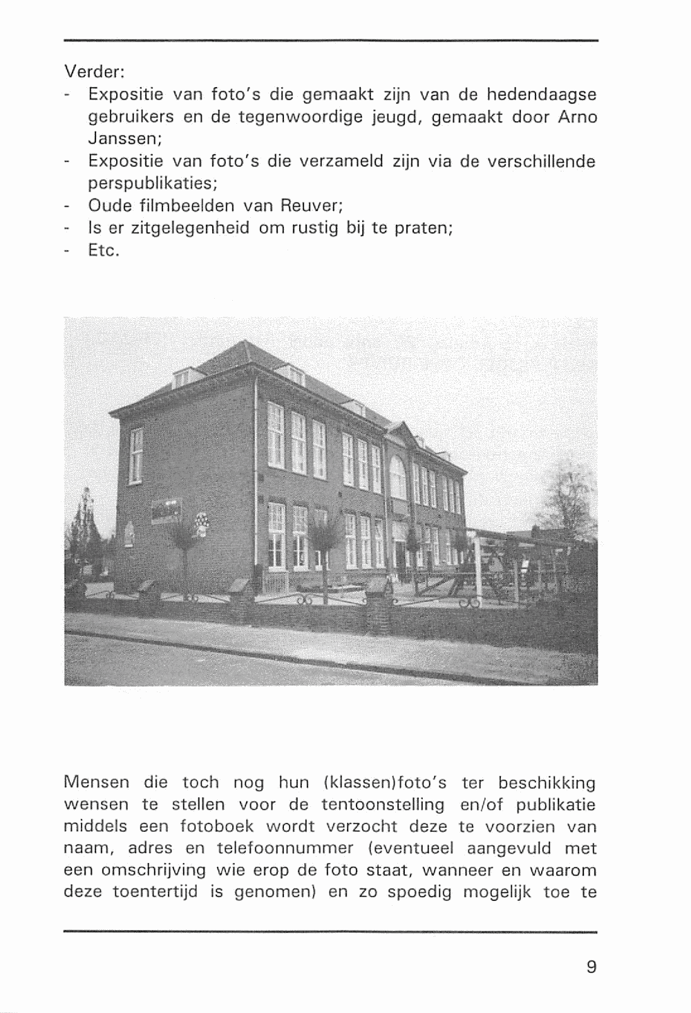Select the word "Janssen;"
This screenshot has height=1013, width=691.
[125, 138]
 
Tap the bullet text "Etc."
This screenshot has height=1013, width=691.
[104, 250]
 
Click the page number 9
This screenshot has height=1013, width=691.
[591, 966]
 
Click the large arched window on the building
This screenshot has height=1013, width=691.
[398, 477]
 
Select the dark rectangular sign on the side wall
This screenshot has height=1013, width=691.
[166, 510]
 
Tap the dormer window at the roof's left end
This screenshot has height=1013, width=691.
[185, 377]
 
